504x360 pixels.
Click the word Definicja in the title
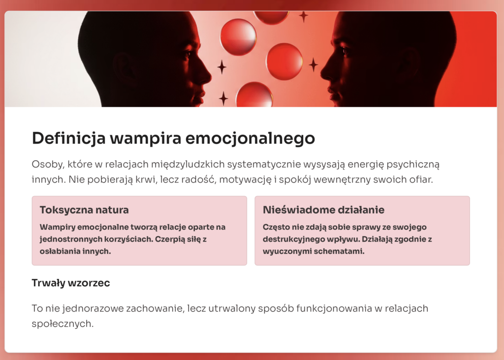69,138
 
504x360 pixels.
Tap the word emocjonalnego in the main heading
250,138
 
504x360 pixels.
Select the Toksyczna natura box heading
84,210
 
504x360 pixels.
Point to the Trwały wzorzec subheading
71,283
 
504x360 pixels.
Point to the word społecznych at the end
63,324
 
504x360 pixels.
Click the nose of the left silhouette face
208,76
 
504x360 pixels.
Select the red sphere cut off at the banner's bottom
254,95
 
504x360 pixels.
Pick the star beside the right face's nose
314,65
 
